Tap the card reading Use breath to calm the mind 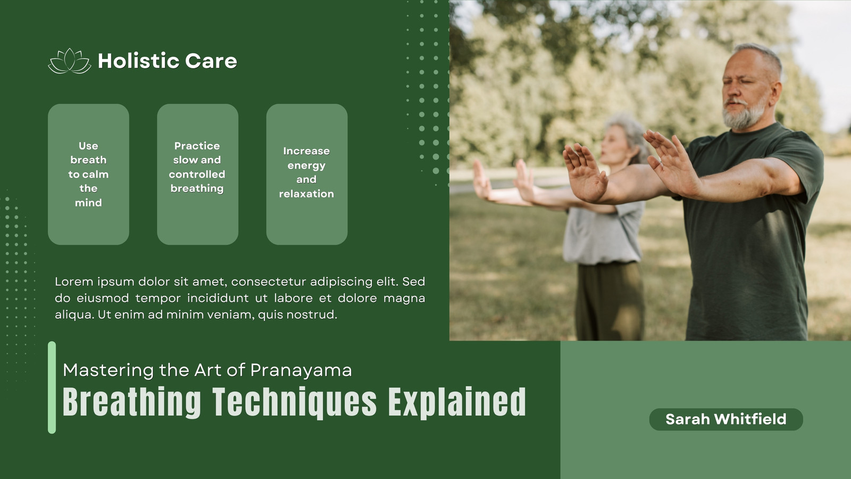[88, 174]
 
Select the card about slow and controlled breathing [197, 174]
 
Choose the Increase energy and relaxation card [307, 174]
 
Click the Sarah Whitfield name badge [726, 419]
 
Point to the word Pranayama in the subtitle [301, 370]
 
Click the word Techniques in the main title [295, 402]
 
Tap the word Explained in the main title [457, 402]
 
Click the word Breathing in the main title [132, 402]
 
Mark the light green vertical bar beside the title [52, 387]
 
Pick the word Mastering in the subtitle [109, 370]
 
